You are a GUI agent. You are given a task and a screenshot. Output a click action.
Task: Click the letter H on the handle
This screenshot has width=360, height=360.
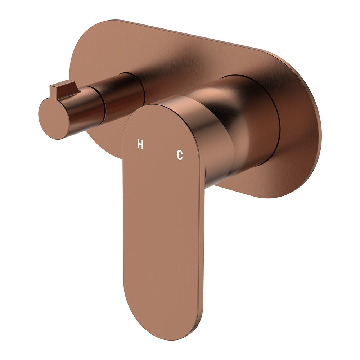click(140, 145)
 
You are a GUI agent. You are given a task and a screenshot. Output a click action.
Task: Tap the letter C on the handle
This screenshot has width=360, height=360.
click(180, 155)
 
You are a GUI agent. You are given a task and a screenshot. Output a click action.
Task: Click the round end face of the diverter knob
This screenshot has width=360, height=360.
click(52, 118)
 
